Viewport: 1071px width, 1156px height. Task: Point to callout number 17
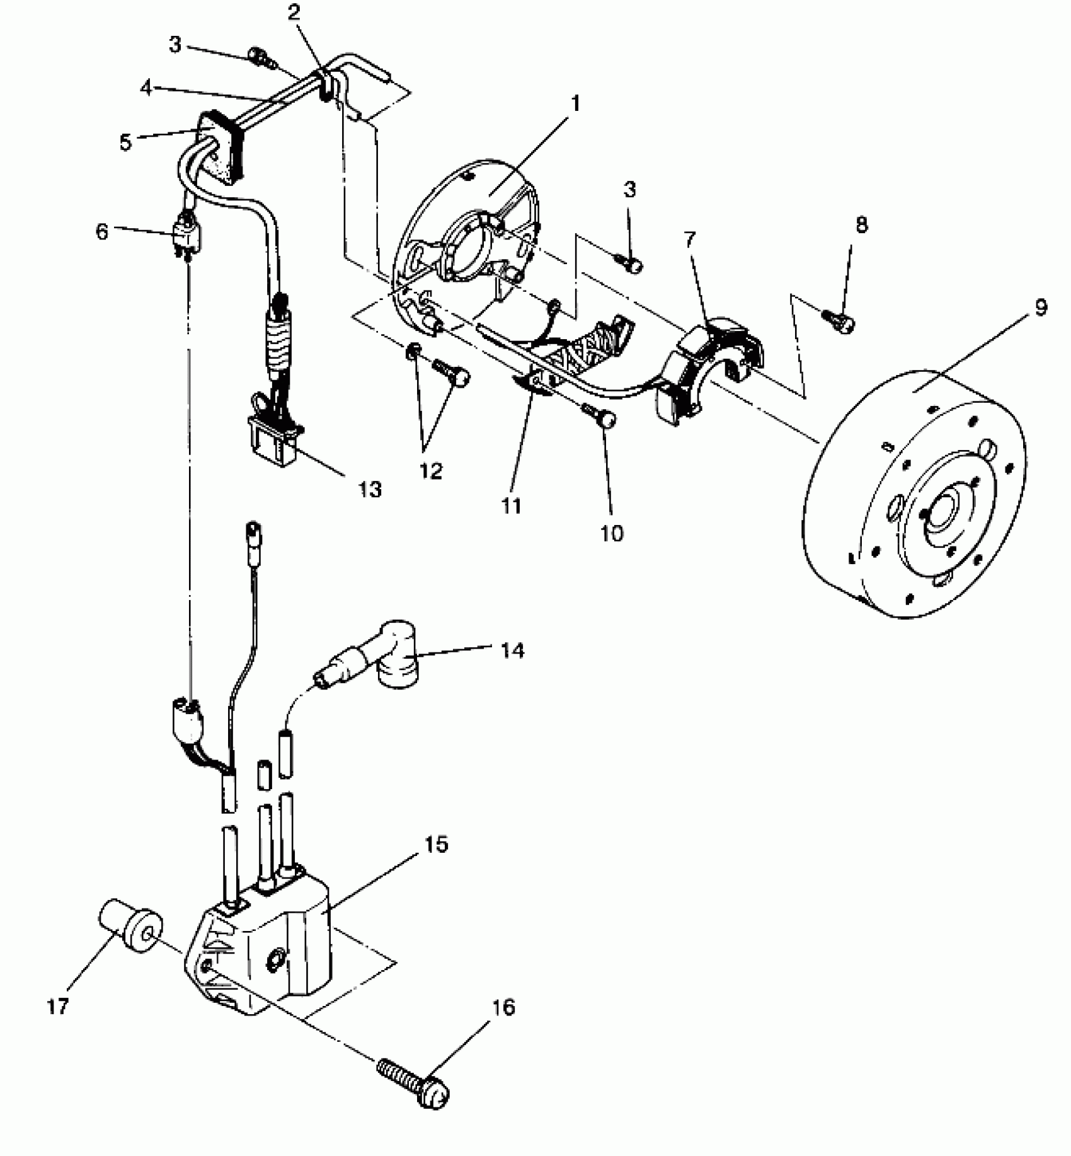coord(57,1007)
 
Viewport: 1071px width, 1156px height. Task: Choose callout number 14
coord(513,650)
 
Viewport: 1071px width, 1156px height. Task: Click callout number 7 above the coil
coord(690,240)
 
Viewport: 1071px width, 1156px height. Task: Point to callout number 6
coord(102,231)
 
